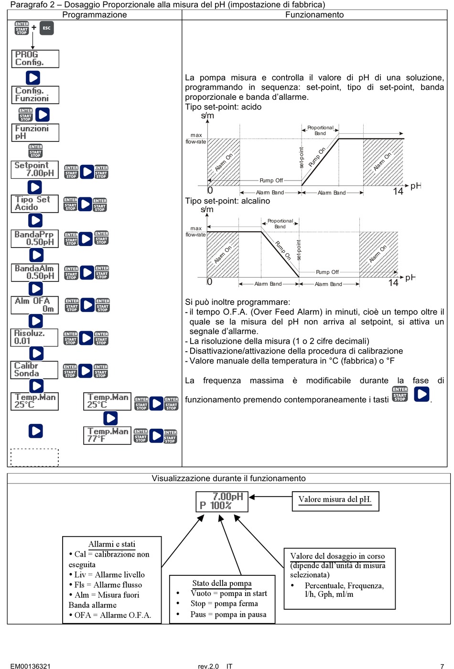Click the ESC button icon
[x=46, y=28]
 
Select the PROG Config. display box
[x=35, y=59]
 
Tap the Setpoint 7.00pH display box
[x=34, y=170]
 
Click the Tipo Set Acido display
[x=34, y=204]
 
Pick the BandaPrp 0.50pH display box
[x=34, y=238]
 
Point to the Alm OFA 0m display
[x=34, y=305]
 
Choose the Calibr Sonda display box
[x=34, y=370]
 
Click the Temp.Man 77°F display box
[x=108, y=435]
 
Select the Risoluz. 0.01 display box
[x=34, y=337]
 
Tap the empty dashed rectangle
[x=34, y=457]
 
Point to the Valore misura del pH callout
[x=335, y=500]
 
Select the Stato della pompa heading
[x=222, y=583]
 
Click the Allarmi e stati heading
[x=112, y=544]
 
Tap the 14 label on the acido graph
[x=398, y=192]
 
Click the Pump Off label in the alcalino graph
[x=327, y=272]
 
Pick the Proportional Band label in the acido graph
[x=320, y=130]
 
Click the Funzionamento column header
[x=314, y=15]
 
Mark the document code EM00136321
[x=31, y=666]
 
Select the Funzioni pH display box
[x=35, y=132]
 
